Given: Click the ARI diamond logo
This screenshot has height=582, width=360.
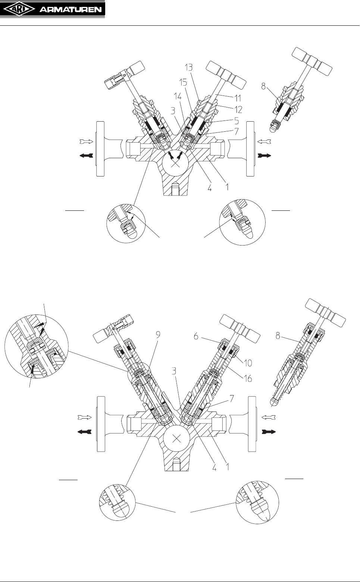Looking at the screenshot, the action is click(x=19, y=10).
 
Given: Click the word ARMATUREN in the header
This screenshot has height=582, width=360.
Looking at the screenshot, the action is click(x=71, y=10).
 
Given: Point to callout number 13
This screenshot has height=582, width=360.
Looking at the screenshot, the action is click(x=189, y=68).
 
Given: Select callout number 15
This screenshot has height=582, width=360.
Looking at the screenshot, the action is click(x=183, y=82).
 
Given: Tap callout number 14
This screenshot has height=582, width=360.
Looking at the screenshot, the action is click(x=178, y=97).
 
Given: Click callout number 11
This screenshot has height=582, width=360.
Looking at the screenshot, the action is click(x=238, y=98).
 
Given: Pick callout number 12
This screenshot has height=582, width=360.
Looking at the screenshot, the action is click(x=238, y=109).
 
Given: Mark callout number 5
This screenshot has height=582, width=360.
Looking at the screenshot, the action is click(x=237, y=121).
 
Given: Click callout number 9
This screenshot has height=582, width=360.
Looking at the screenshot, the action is click(x=158, y=335).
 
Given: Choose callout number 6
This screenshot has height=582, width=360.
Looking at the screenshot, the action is click(x=196, y=337).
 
